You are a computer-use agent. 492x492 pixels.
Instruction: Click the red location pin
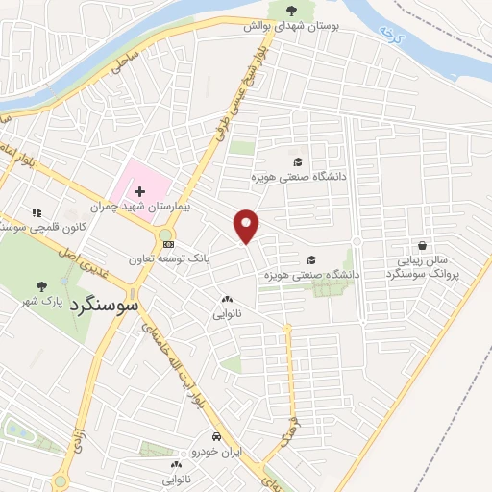(x=248, y=225)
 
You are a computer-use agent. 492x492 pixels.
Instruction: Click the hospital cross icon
(x=141, y=193)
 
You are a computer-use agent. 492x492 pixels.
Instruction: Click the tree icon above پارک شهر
(x=40, y=285)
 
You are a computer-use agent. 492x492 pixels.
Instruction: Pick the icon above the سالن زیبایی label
(x=421, y=246)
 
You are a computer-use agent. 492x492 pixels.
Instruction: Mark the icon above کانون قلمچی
(x=37, y=212)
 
